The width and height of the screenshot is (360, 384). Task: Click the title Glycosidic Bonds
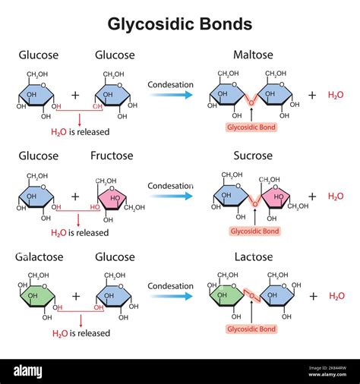(x=180, y=24)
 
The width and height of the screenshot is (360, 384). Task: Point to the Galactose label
(x=39, y=257)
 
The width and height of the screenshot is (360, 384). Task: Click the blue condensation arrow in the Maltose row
(x=170, y=95)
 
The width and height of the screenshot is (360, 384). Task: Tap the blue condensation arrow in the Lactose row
(x=170, y=297)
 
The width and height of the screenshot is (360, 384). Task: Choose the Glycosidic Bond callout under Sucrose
(x=254, y=231)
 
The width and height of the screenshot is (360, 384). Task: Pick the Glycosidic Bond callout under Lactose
(x=251, y=329)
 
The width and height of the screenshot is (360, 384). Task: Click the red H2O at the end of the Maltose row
(x=335, y=95)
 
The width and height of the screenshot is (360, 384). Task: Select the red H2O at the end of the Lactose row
(x=335, y=297)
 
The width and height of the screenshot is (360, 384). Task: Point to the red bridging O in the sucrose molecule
(x=255, y=203)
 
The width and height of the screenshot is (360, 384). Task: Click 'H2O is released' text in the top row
(x=80, y=131)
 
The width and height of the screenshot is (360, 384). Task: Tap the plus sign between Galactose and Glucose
(x=75, y=297)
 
